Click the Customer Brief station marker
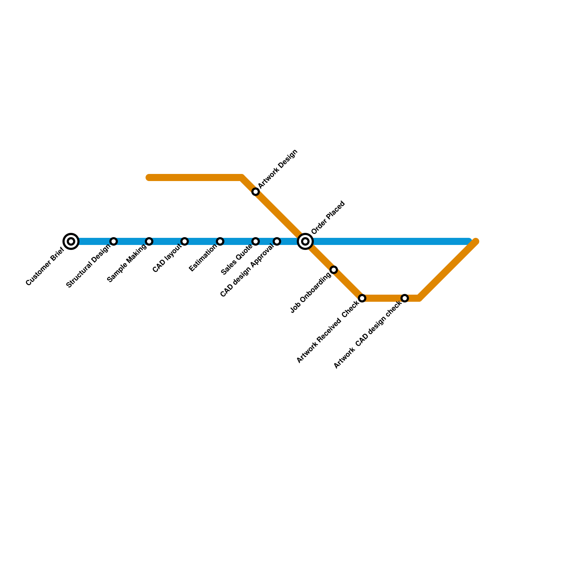[x=71, y=241]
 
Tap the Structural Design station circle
[x=114, y=241]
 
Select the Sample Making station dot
[x=149, y=241]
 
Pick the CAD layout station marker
[x=185, y=241]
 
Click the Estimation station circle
[x=220, y=241]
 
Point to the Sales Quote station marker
[x=256, y=241]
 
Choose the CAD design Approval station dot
[x=277, y=241]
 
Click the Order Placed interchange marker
[x=305, y=241]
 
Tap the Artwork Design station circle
[x=256, y=192]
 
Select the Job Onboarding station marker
[x=334, y=270]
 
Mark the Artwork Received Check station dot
[x=362, y=298]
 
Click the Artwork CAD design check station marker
[x=405, y=298]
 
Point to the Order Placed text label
[x=328, y=218]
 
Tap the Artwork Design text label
[x=278, y=169]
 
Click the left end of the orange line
[x=149, y=177]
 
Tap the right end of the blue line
[x=469, y=241]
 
